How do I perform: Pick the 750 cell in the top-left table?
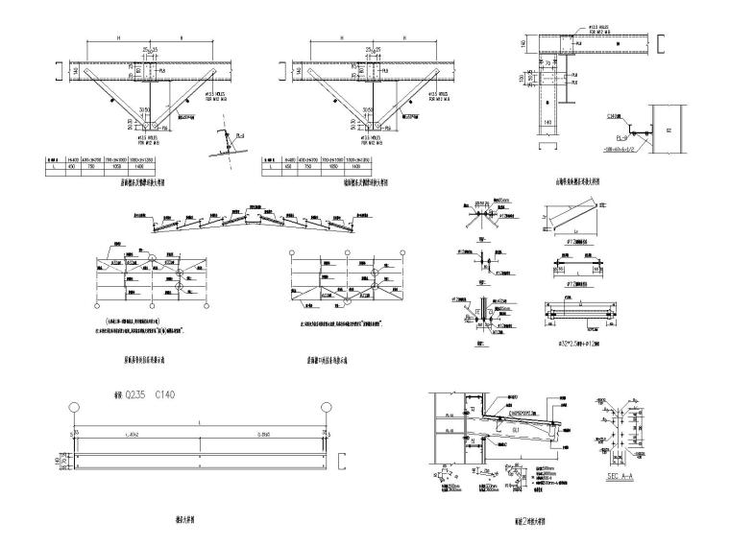(x=101, y=166)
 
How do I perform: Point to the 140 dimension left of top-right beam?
(x=524, y=45)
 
